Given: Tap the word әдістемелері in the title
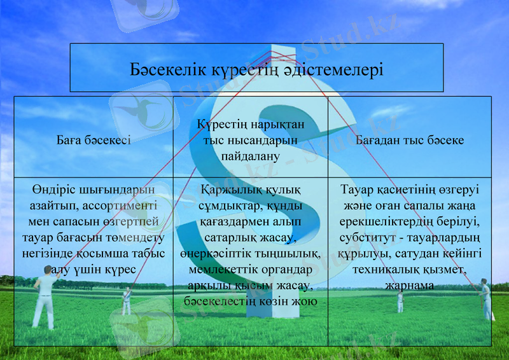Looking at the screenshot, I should coord(337,68).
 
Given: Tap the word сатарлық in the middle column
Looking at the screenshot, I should coord(230,238).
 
